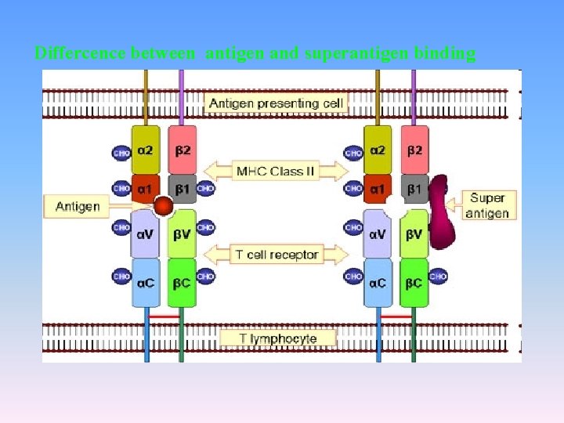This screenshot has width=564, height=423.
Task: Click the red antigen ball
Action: pyautogui.click(x=163, y=207)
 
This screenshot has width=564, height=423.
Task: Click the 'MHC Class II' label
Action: pyautogui.click(x=277, y=171)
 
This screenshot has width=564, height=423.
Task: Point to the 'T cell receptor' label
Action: pyautogui.click(x=277, y=255)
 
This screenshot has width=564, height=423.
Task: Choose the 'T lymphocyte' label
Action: pyautogui.click(x=278, y=338)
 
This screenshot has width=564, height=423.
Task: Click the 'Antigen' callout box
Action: pyautogui.click(x=78, y=207)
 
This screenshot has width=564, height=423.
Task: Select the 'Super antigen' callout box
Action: pyautogui.click(x=487, y=205)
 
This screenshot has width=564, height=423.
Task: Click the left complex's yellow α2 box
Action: pyautogui.click(x=146, y=150)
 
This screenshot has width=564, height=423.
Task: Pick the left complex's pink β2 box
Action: pyautogui.click(x=183, y=150)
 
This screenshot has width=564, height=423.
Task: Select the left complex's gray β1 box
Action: pyautogui.click(x=183, y=189)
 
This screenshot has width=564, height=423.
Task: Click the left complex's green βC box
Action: pyautogui.click(x=182, y=282)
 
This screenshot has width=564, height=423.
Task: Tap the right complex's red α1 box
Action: pyautogui.click(x=378, y=189)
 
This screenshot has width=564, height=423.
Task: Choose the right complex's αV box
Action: pyautogui.click(x=378, y=233)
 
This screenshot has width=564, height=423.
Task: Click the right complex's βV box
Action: pyautogui.click(x=414, y=233)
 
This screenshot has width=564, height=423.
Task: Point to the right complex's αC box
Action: pyautogui.click(x=378, y=282)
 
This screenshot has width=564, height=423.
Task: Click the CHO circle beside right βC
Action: pyautogui.click(x=439, y=277)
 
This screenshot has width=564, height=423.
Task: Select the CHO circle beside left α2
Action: pyautogui.click(x=121, y=154)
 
